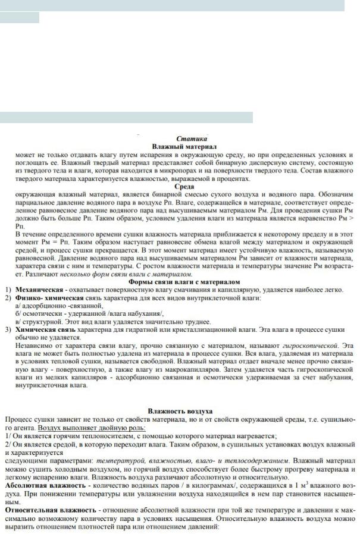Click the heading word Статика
coord(192,138)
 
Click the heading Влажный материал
coord(184,146)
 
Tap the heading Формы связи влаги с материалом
coord(184,282)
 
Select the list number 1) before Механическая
coord(8,290)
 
